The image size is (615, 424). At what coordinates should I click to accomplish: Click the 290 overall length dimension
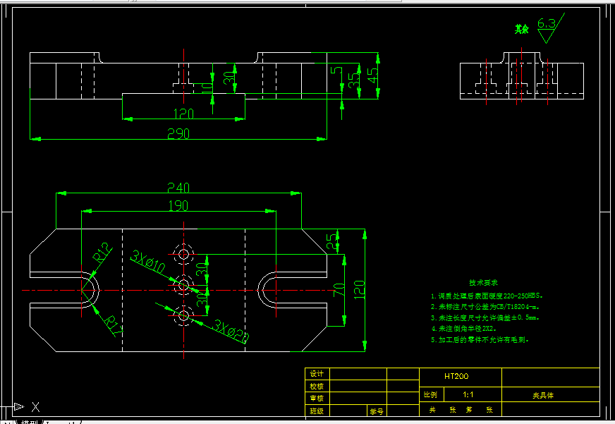coord(178,133)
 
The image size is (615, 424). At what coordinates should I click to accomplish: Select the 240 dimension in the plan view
coord(178,188)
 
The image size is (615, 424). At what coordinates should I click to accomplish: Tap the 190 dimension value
coord(178,205)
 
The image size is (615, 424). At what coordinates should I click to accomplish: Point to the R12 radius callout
coord(104,253)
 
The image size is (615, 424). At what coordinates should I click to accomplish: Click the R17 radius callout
coord(111,325)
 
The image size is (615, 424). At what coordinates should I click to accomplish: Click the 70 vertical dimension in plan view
coord(339,289)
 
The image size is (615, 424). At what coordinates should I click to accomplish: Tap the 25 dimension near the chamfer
coord(332,241)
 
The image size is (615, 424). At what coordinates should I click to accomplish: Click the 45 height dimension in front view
coord(372,75)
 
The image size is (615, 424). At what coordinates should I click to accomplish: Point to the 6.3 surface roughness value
coord(547,23)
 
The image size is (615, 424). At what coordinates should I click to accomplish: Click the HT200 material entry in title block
coord(456,377)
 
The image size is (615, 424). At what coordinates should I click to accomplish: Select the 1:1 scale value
coord(468,395)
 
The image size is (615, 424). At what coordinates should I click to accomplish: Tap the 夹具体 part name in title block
coord(543,396)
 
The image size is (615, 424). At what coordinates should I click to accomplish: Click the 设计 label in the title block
coord(317,374)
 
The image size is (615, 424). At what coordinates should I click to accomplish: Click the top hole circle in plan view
coord(184,253)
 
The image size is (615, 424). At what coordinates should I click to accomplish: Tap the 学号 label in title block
coord(376,411)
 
